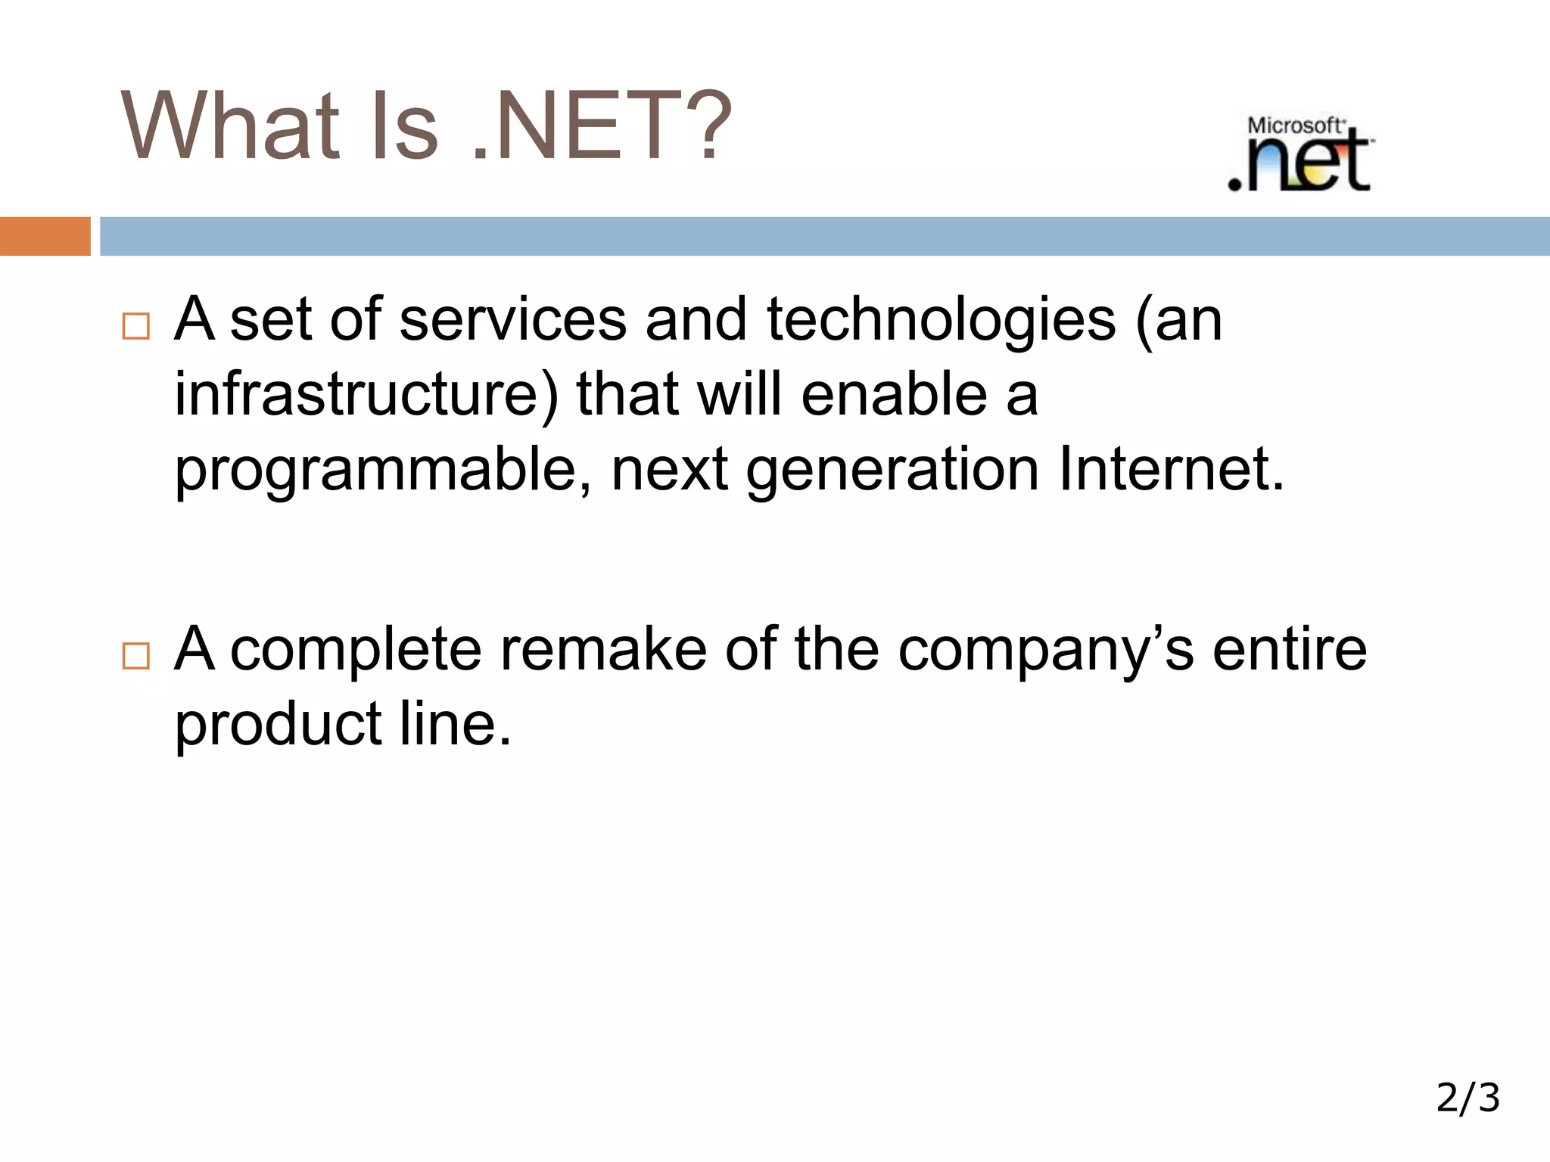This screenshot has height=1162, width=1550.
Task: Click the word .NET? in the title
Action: click(x=602, y=126)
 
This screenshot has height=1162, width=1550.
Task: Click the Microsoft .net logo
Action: click(x=1300, y=154)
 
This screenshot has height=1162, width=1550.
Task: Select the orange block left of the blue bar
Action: click(x=45, y=236)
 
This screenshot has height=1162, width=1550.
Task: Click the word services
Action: click(x=512, y=319)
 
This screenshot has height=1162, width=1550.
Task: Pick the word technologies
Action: click(x=941, y=319)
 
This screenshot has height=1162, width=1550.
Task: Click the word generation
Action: click(x=892, y=469)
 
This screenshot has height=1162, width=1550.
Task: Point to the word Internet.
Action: click(x=1171, y=469)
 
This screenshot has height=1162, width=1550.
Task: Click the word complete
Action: click(x=356, y=649)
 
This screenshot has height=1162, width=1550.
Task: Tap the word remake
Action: click(x=603, y=649)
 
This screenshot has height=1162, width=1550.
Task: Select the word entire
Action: click(x=1290, y=649)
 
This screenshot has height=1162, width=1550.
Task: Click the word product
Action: click(x=278, y=724)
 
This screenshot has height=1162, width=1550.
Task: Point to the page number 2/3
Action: click(x=1468, y=1098)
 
